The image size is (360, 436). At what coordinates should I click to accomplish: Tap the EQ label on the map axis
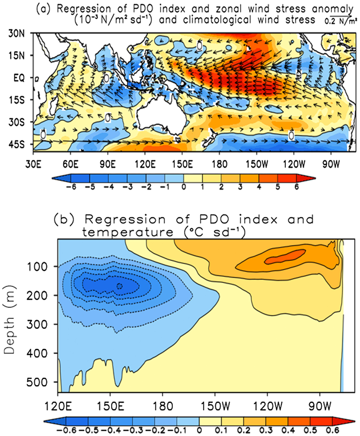click(x=19, y=78)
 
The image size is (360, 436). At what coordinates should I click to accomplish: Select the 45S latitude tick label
click(x=16, y=145)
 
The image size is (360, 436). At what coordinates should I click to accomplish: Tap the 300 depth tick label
click(x=37, y=324)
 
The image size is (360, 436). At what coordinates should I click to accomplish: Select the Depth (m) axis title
click(x=9, y=320)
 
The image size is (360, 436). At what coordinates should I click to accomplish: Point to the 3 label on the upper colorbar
click(x=240, y=187)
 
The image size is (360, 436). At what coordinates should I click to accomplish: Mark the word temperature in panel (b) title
click(x=128, y=232)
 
